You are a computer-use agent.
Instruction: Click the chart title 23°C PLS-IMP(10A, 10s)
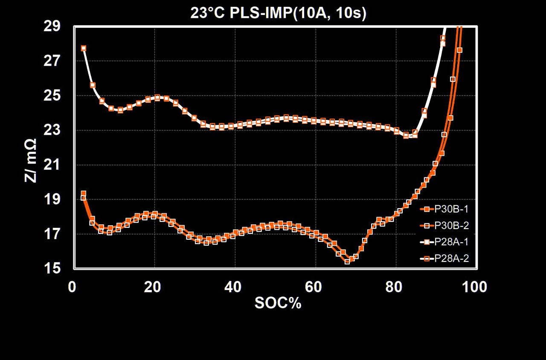279,14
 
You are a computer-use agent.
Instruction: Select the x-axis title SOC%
278,303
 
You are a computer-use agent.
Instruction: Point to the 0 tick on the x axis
72,287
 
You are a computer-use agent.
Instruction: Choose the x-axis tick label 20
152,287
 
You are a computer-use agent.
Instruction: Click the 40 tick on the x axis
233,287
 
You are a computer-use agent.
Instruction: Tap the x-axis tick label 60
314,287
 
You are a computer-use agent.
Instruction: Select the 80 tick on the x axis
395,287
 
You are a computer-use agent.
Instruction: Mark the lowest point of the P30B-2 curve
347,261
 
